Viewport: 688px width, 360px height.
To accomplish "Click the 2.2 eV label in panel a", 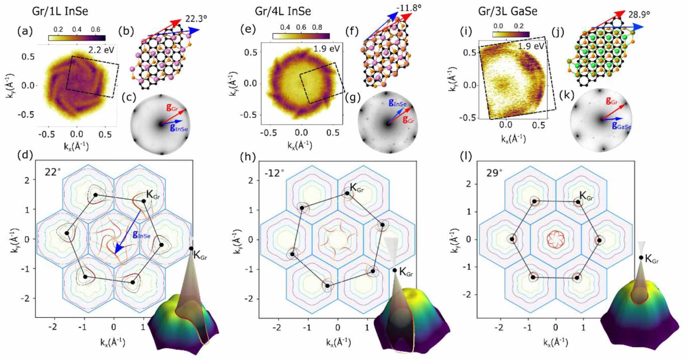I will [x=103, y=50].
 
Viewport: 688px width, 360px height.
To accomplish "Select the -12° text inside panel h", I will [x=275, y=173].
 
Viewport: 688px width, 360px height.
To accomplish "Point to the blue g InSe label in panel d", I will [x=142, y=235].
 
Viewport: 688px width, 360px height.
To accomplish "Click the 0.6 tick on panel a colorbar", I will [x=95, y=30].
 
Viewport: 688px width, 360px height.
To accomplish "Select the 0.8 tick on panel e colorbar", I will [x=317, y=27].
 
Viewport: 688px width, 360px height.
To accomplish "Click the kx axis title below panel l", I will [x=555, y=342].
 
